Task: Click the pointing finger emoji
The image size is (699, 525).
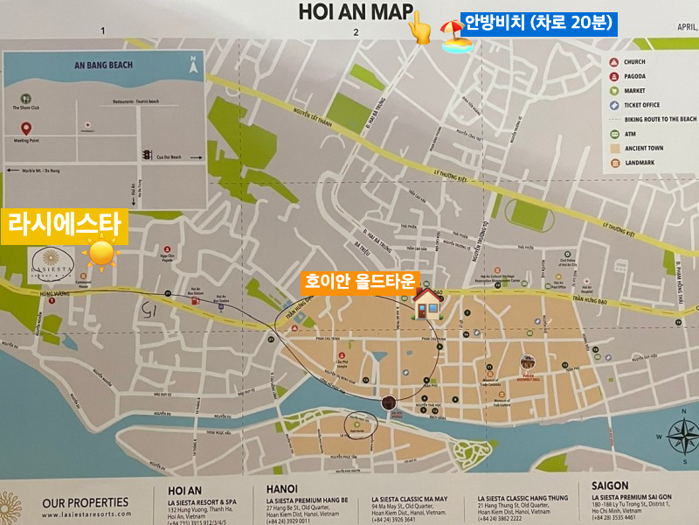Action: (x=420, y=29)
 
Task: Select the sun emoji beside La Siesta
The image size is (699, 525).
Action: (x=101, y=254)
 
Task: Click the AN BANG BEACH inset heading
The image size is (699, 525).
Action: (x=103, y=64)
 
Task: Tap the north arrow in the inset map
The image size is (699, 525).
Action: (x=192, y=64)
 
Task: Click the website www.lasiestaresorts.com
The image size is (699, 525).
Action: (x=84, y=515)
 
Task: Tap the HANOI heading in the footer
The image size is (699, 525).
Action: (x=282, y=488)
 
